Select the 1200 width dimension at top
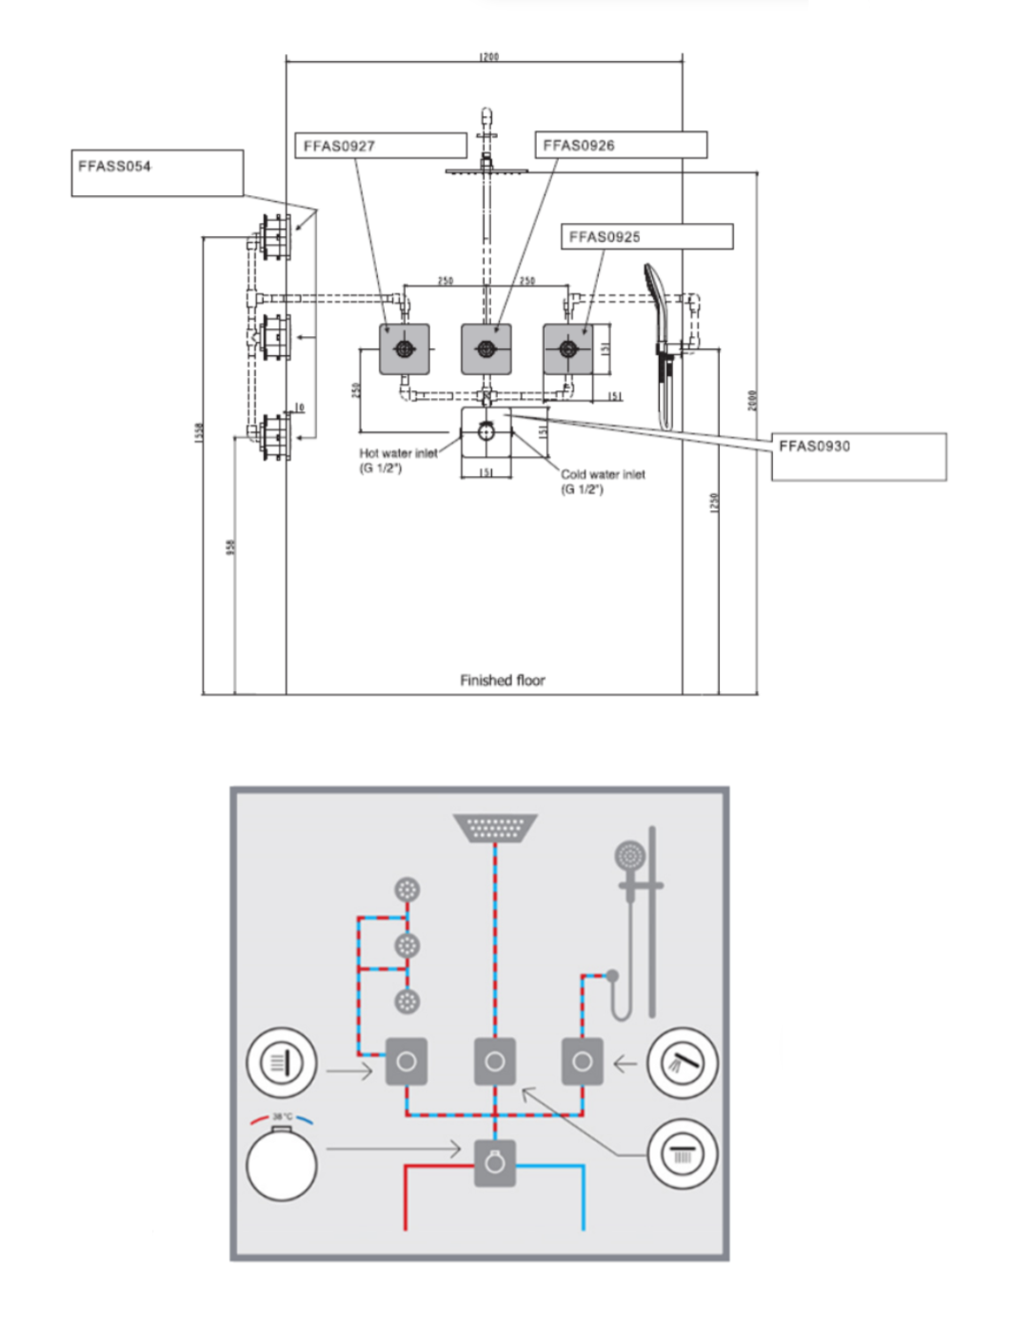pyautogui.click(x=488, y=57)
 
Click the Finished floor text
pyautogui.click(x=502, y=680)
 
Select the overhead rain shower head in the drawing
pyautogui.click(x=487, y=169)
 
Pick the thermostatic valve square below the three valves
pyautogui.click(x=487, y=432)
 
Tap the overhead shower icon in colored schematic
pyautogui.click(x=495, y=827)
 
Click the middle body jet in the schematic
pyautogui.click(x=407, y=945)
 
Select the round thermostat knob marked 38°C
pyautogui.click(x=282, y=1163)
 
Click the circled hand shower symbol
pyautogui.click(x=682, y=1063)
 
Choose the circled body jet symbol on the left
pyautogui.click(x=281, y=1062)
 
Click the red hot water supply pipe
pyautogui.click(x=407, y=1195)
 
